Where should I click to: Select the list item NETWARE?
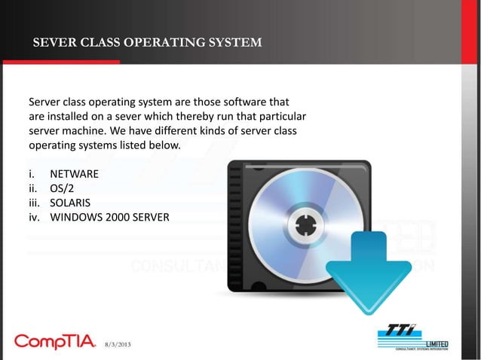click(x=75, y=174)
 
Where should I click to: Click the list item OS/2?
click(x=63, y=189)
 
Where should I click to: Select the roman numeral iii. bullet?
click(x=35, y=203)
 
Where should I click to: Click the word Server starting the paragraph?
click(x=45, y=102)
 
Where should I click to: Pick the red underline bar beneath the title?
click(x=60, y=62)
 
